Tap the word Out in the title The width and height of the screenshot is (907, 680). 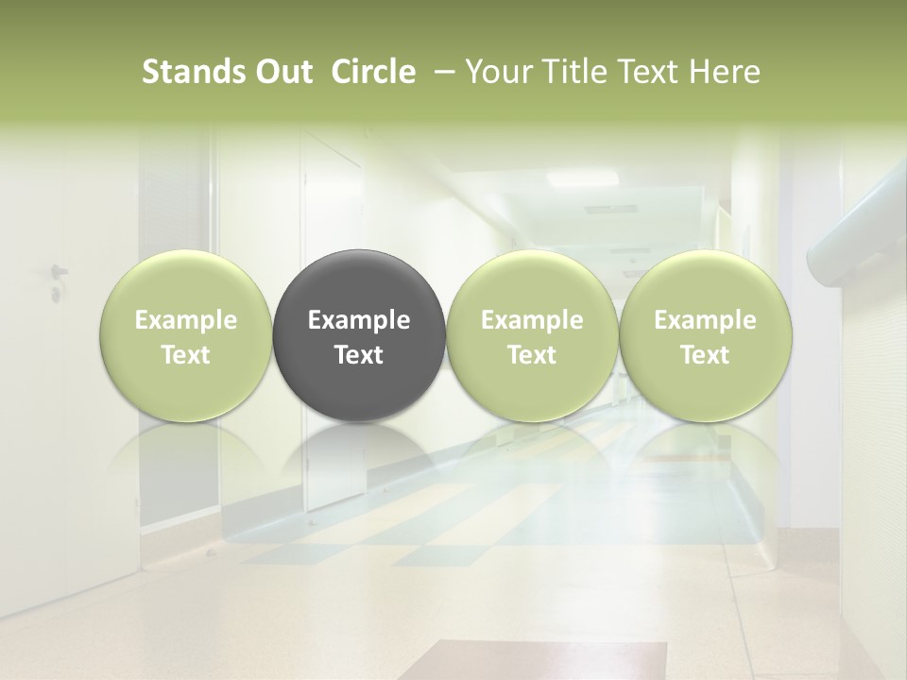click(x=282, y=72)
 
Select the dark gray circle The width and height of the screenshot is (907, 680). click(x=359, y=335)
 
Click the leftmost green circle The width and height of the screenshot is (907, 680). click(x=186, y=335)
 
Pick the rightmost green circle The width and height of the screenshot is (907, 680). click(x=706, y=335)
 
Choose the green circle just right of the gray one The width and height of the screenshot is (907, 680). click(x=532, y=335)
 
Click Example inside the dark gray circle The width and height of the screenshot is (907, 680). click(x=359, y=320)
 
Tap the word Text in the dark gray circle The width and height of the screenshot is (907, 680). click(x=359, y=355)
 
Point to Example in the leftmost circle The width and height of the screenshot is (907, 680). click(x=186, y=320)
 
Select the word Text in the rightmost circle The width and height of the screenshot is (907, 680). click(x=706, y=355)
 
